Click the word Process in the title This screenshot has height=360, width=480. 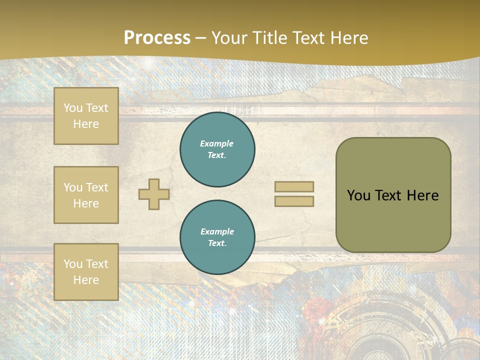157,38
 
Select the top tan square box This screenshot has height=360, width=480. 86,116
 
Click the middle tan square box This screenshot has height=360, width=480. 86,195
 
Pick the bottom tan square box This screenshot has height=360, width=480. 86,272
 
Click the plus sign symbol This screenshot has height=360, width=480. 154,194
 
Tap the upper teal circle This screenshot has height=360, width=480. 217,149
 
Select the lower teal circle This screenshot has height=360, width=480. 217,237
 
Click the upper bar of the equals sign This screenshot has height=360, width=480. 294,187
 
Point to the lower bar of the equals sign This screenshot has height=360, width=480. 294,201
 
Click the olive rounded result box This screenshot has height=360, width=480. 393,195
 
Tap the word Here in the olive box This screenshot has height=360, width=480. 422,195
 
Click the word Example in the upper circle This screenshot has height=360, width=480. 217,143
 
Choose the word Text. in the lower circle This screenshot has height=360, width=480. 217,243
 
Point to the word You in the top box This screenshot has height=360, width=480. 73,108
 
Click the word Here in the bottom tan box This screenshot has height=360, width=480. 86,280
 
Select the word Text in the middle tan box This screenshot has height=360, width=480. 96,187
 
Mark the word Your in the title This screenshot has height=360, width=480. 229,38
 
